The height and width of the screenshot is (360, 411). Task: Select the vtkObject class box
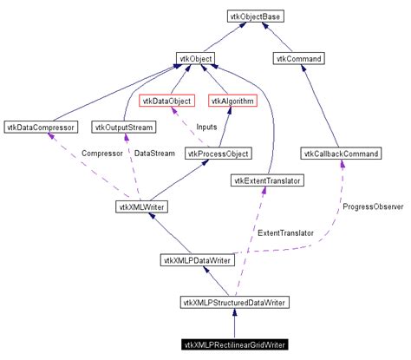(x=196, y=58)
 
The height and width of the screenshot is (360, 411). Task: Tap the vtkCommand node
(x=299, y=58)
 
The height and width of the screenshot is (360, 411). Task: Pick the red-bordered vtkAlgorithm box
(x=232, y=101)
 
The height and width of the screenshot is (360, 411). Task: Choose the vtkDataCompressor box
(x=41, y=128)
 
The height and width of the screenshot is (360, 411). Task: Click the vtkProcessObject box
(x=218, y=154)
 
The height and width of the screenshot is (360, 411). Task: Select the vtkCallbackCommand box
(x=342, y=154)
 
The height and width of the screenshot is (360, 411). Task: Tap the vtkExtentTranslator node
(x=264, y=180)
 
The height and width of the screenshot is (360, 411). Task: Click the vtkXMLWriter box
(x=141, y=206)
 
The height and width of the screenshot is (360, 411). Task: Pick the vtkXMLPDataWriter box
(x=197, y=259)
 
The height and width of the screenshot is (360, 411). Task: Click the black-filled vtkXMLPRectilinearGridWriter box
(x=235, y=344)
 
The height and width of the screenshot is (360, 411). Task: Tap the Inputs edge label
(x=206, y=128)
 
